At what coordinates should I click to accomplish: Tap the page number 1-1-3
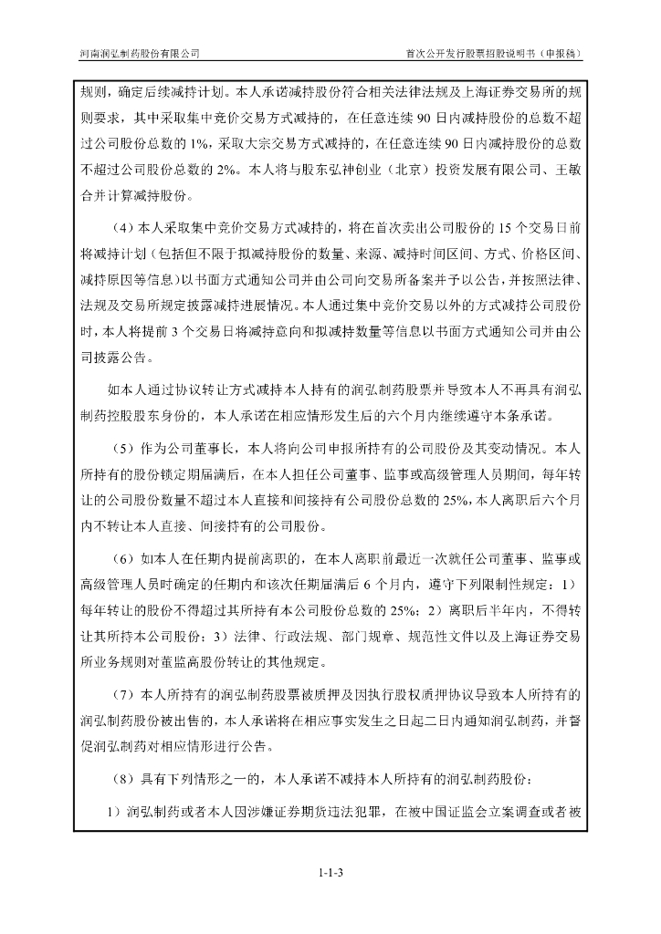pyautogui.click(x=330, y=874)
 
